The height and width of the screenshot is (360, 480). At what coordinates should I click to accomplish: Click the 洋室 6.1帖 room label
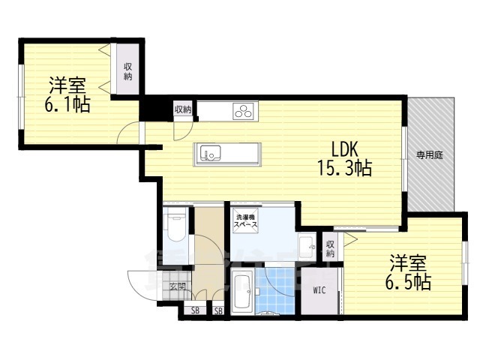pos(68,94)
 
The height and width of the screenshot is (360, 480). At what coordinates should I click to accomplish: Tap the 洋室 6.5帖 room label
pos(408,273)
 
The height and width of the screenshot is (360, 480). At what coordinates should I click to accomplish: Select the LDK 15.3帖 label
pos(343,158)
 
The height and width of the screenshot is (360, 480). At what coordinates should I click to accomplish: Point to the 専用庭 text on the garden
pos(430,155)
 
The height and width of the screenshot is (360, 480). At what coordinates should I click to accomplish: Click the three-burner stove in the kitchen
pos(244,113)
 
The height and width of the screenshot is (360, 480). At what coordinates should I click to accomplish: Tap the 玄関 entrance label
pos(178,286)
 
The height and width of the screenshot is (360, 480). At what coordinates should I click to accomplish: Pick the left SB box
pos(195,310)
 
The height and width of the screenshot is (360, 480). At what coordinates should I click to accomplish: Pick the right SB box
pos(218,310)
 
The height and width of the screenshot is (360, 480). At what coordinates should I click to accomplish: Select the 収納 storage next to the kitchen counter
pos(182,110)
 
